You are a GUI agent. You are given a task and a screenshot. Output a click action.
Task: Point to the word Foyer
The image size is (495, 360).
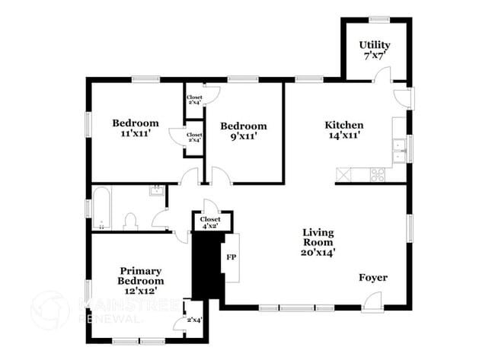tap(373, 278)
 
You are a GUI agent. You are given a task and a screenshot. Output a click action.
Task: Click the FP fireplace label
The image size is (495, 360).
tap(232, 256)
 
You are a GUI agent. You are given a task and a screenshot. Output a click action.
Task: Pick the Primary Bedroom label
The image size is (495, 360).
tap(141, 276)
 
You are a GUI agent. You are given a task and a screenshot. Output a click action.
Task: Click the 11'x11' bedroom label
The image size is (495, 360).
tap(136, 128)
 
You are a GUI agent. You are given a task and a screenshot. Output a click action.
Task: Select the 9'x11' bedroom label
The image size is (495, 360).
tap(244, 131)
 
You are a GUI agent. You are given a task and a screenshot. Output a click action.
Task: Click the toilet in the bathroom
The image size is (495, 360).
tap(129, 221)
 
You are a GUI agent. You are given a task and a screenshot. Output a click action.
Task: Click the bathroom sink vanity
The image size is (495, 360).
tap(156, 190)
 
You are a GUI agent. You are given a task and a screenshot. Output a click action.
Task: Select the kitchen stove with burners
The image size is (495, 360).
tap(378, 174)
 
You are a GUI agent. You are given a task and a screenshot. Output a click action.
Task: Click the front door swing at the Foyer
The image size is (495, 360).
tap(372, 302)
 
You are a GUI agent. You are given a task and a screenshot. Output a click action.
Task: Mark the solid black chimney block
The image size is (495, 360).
tap(206, 266)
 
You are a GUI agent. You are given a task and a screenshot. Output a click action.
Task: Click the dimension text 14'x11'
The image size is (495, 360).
tap(344, 135)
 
